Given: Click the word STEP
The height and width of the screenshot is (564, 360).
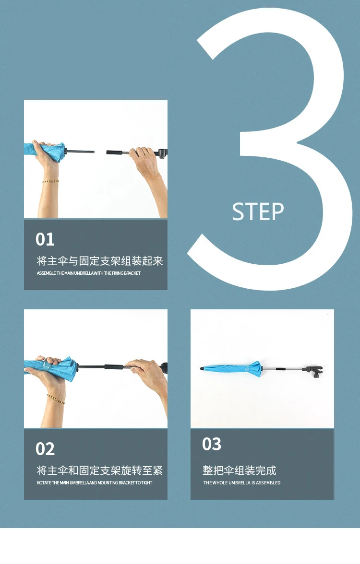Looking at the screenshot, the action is [x=258, y=211].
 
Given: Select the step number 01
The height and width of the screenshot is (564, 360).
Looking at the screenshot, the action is [x=45, y=239].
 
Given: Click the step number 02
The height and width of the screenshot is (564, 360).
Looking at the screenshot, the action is [x=45, y=449].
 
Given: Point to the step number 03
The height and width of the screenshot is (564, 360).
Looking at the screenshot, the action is [x=212, y=444].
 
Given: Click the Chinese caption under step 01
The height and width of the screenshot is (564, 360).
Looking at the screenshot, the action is [x=100, y=261].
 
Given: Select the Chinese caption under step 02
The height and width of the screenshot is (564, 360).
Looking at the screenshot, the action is [x=100, y=470].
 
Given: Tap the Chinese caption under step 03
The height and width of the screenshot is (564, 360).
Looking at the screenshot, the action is [x=240, y=470].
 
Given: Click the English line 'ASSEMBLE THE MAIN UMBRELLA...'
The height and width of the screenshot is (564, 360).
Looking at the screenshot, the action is [x=88, y=273].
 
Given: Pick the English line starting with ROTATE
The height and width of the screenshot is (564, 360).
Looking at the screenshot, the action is [x=94, y=482].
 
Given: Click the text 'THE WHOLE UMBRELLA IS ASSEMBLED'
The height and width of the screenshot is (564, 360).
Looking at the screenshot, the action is [x=242, y=482].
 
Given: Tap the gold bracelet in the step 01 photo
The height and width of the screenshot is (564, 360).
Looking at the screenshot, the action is [x=50, y=181].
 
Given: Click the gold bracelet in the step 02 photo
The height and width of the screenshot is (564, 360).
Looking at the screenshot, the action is [x=56, y=399].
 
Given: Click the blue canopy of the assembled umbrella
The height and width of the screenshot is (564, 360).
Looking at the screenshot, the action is [x=234, y=368].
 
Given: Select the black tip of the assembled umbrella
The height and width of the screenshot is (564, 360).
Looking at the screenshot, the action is [x=202, y=368].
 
